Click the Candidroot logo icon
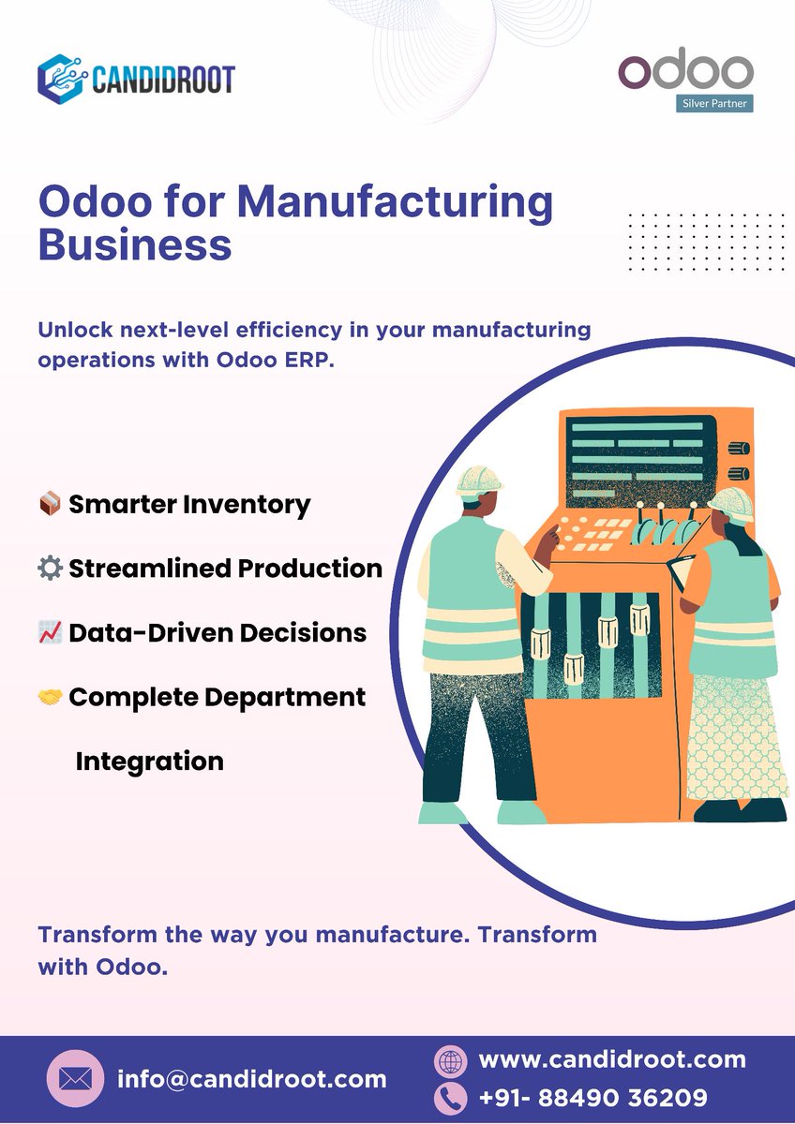[62, 78]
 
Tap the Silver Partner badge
[713, 102]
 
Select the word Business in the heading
[134, 244]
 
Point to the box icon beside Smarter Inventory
[50, 505]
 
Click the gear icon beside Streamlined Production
[50, 569]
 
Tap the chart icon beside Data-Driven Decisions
[50, 633]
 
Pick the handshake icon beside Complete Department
[50, 698]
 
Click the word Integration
[149, 761]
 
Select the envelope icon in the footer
[75, 1079]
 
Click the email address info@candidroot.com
[251, 1079]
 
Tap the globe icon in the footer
[451, 1061]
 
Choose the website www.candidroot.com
[612, 1059]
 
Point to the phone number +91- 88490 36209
[592, 1097]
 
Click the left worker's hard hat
[479, 479]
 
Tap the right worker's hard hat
[732, 503]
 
